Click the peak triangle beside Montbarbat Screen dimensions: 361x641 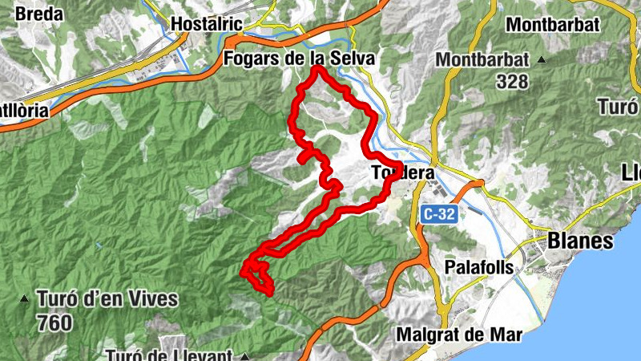click(542, 59)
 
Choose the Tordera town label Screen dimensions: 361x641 click(403, 172)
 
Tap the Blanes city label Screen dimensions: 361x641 click(580, 241)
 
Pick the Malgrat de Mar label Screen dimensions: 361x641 click(459, 334)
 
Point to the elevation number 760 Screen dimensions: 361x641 click(54, 323)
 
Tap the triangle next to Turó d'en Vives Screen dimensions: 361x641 click(26, 300)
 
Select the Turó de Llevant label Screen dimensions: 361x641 click(169, 355)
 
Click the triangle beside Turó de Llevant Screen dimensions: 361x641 click(246, 356)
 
